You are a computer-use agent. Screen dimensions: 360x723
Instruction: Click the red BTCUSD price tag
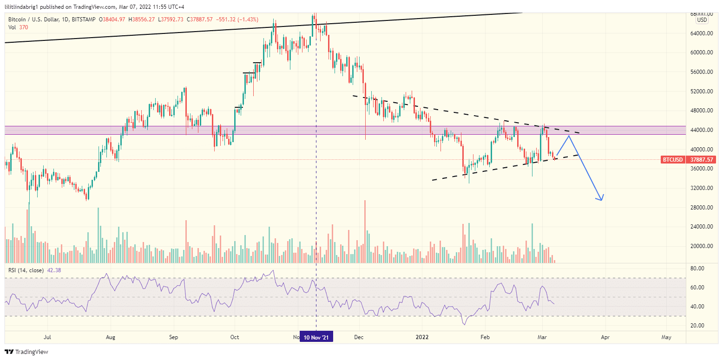(x=672, y=160)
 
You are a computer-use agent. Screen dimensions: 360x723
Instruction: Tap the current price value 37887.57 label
(x=702, y=160)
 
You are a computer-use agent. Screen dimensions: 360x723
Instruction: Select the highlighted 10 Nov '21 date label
(x=316, y=337)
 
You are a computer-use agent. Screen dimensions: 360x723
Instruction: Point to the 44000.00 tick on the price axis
(x=703, y=130)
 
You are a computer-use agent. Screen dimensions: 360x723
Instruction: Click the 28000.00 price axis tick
(x=703, y=208)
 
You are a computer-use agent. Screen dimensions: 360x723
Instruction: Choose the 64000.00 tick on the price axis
(x=703, y=33)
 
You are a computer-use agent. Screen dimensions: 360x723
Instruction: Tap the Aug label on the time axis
(x=110, y=337)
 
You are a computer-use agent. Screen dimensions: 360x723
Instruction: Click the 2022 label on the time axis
(x=422, y=337)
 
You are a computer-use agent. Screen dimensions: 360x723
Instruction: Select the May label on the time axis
(x=666, y=337)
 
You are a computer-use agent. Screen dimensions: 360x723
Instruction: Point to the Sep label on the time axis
(x=173, y=337)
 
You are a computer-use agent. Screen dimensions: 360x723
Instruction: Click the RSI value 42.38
(x=54, y=270)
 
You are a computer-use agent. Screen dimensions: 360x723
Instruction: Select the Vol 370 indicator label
(x=19, y=28)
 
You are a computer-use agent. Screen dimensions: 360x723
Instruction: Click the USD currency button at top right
(x=702, y=20)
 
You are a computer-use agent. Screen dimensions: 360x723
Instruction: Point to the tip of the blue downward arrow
(x=602, y=200)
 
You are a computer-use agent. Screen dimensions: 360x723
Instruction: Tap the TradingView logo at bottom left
(x=26, y=352)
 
